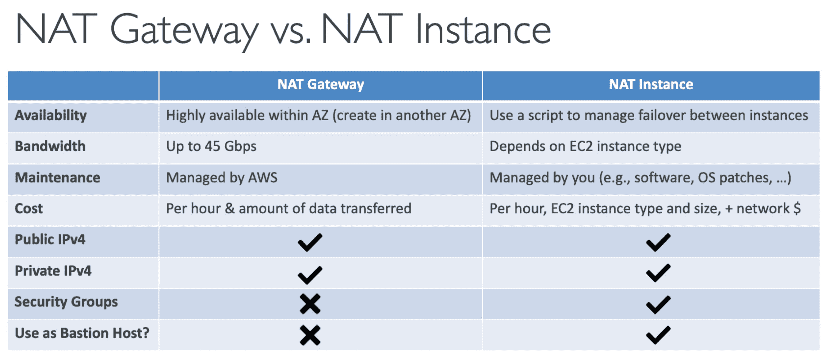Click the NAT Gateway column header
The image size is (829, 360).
pyautogui.click(x=320, y=85)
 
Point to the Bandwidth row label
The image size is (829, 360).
pyautogui.click(x=50, y=146)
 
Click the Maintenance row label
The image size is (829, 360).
pyautogui.click(x=58, y=178)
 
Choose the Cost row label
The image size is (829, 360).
pyautogui.click(x=29, y=209)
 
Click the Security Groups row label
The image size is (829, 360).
pyautogui.click(x=66, y=302)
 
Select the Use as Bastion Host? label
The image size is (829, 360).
pyautogui.click(x=82, y=333)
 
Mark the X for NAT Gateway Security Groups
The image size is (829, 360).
pyautogui.click(x=310, y=304)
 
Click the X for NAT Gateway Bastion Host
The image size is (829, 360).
pyautogui.click(x=310, y=335)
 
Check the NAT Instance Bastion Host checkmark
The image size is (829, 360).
pyautogui.click(x=658, y=335)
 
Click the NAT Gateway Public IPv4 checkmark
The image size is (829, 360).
pyautogui.click(x=310, y=242)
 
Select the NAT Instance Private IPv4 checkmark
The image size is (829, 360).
pyautogui.click(x=658, y=273)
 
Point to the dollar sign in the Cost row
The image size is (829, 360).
pyautogui.click(x=797, y=208)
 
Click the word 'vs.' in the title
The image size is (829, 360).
pyautogui.click(x=291, y=32)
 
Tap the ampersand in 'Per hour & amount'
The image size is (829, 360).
pyautogui.click(x=229, y=209)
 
